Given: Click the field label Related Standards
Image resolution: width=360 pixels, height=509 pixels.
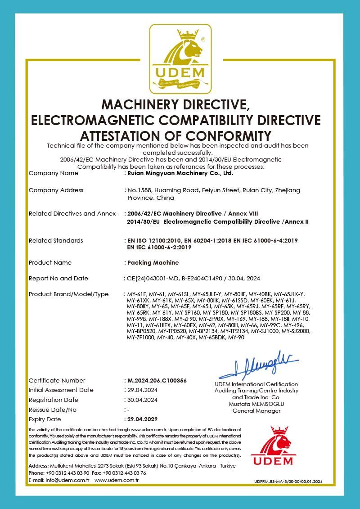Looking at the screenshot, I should click(56, 240).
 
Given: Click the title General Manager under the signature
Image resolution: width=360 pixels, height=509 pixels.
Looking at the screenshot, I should click(256, 411).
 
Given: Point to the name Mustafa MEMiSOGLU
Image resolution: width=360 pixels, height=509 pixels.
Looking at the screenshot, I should click(256, 404).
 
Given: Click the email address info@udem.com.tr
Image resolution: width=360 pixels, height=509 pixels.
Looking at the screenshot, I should click(68, 480).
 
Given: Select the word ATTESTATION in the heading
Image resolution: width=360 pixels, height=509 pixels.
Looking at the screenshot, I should click(125, 135).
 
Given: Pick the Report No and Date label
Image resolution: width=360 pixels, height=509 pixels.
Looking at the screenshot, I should click(58, 278).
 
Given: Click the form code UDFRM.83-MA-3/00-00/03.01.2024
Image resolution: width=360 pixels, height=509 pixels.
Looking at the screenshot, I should click(288, 482).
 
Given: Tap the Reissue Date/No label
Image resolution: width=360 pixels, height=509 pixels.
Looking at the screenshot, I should click(53, 410).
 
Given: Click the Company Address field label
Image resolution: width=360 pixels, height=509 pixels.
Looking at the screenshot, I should click(56, 190).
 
